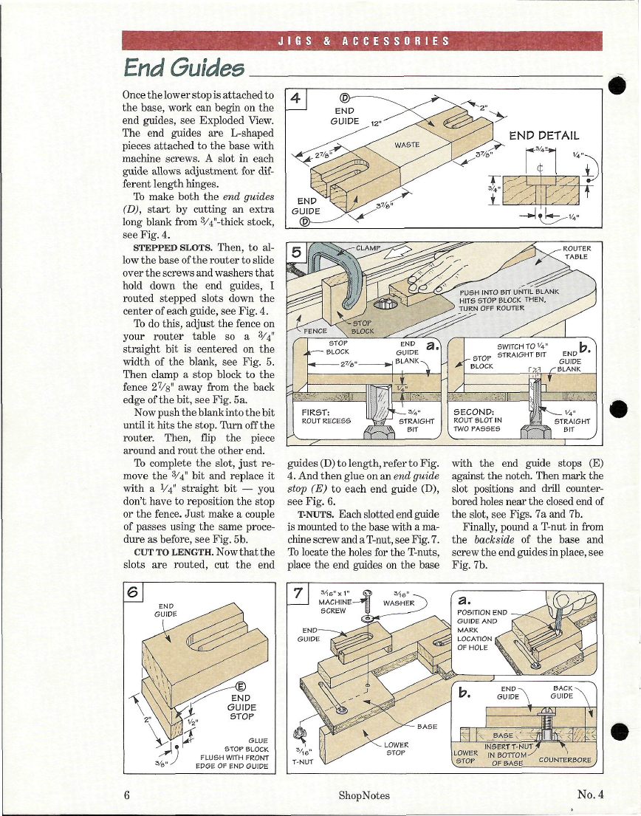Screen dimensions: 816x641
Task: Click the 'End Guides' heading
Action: click(184, 68)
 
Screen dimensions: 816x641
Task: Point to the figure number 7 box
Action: click(297, 593)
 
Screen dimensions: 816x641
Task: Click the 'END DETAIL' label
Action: click(544, 136)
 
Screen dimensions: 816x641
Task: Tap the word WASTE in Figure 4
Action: click(408, 145)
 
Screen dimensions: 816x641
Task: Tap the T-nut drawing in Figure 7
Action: click(301, 734)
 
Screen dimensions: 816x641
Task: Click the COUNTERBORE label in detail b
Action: click(565, 760)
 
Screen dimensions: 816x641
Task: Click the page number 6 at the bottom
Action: click(127, 795)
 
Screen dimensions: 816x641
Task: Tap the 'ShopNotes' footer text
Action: click(364, 795)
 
